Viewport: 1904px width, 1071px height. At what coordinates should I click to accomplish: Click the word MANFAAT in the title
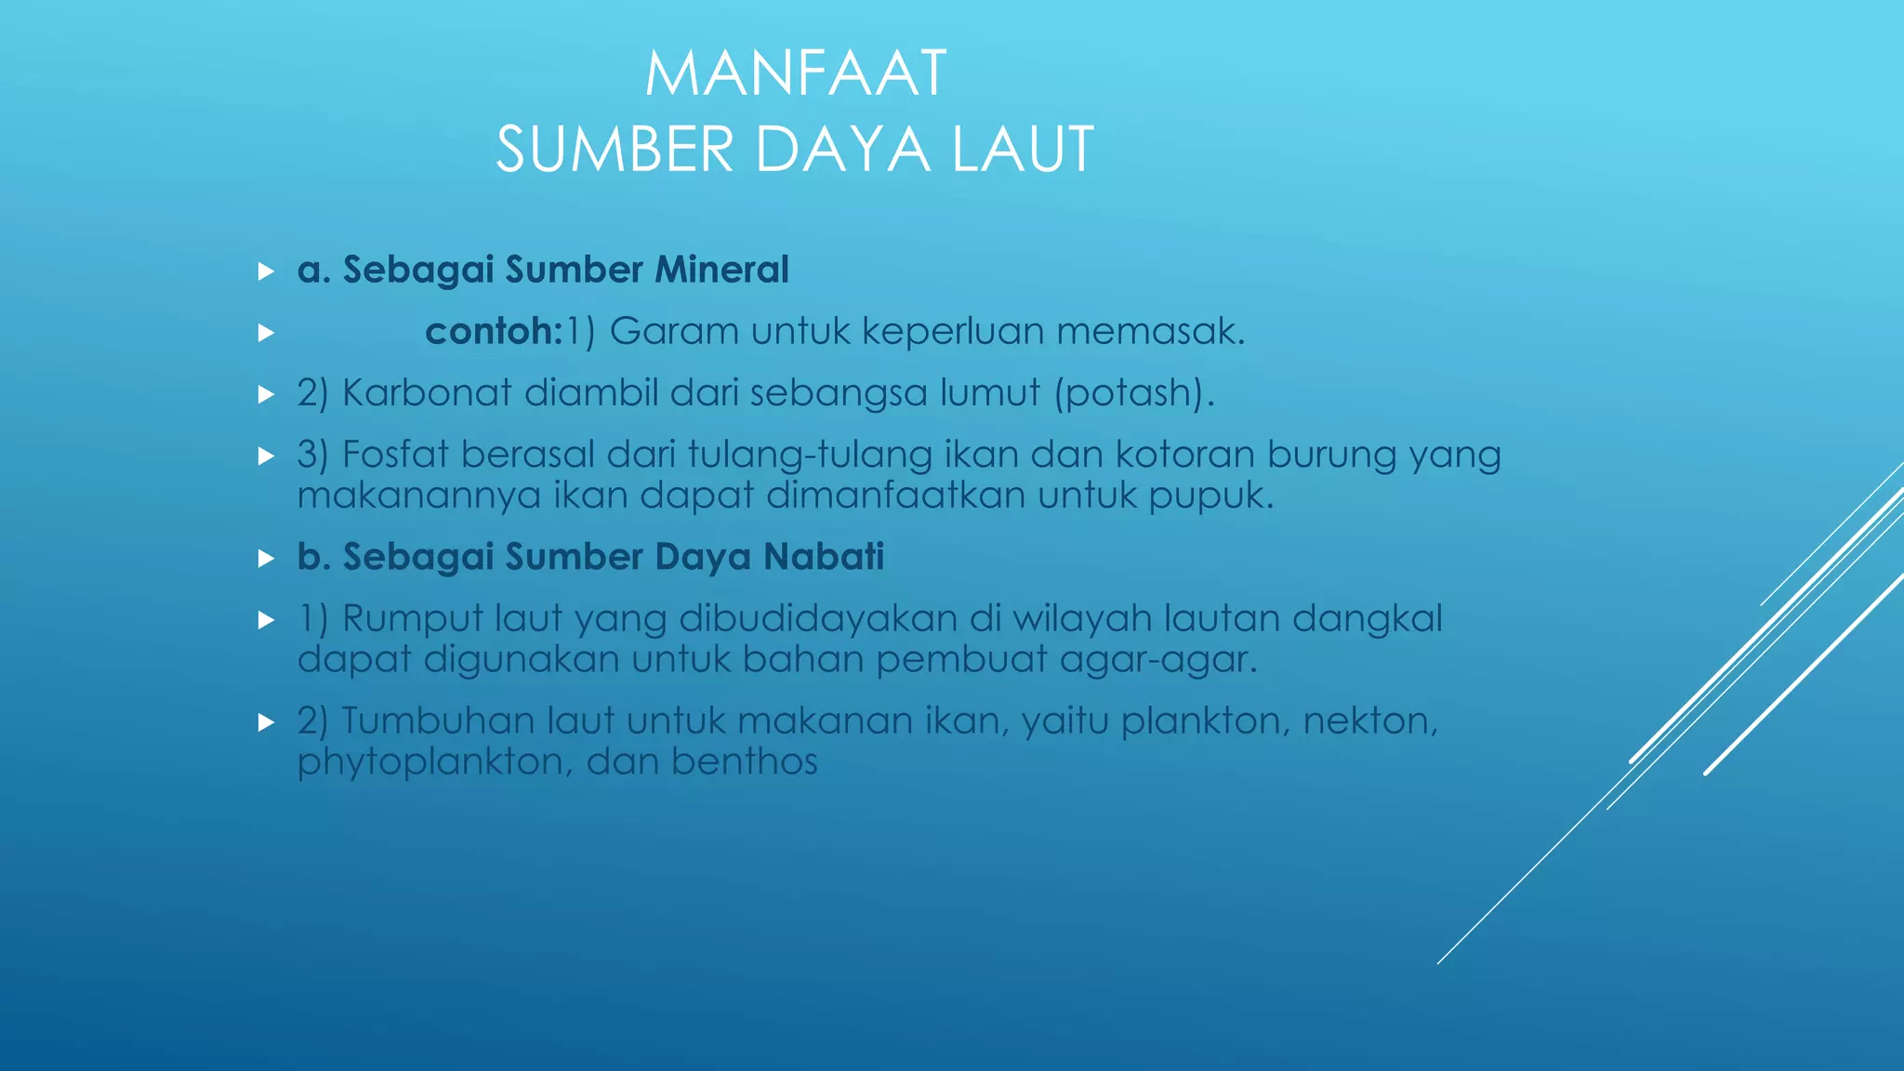click(x=796, y=73)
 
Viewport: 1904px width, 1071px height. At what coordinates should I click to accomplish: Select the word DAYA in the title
click(x=842, y=150)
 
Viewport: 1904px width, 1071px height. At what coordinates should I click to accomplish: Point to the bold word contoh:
click(x=494, y=331)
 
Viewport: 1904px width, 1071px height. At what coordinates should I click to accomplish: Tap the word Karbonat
click(x=427, y=392)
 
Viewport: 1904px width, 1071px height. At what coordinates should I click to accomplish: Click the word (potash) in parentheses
click(x=1133, y=393)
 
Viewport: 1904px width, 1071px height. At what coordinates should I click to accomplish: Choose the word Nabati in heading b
click(x=824, y=557)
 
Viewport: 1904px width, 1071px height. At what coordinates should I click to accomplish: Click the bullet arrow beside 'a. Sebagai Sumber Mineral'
click(x=266, y=271)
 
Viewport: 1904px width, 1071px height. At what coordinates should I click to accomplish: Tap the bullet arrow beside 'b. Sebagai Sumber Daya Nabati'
click(x=266, y=559)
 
